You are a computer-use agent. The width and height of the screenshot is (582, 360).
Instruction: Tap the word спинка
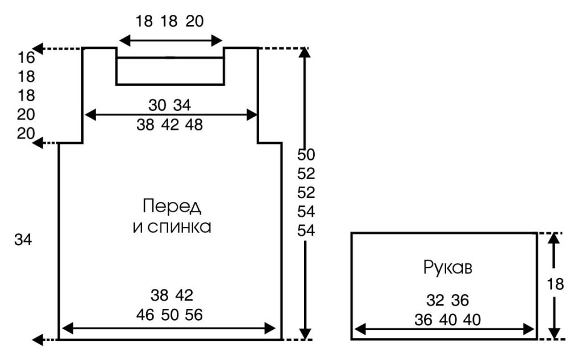coord(179,227)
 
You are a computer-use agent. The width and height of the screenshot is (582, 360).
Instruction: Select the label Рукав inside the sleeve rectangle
coord(447,267)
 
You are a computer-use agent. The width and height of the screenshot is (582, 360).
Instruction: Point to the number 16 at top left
coord(26,57)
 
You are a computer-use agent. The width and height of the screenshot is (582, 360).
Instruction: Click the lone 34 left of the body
coord(23,240)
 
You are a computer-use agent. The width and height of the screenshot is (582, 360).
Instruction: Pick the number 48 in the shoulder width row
coord(193,125)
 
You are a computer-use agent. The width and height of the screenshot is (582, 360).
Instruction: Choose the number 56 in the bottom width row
coord(193,315)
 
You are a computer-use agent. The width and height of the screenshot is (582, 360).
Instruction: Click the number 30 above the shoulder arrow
coord(158,105)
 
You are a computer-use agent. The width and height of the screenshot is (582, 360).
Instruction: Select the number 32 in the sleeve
coord(435,300)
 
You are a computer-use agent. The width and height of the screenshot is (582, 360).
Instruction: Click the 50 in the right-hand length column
coord(306,155)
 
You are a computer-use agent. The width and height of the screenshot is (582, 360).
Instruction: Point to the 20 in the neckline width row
coord(194,22)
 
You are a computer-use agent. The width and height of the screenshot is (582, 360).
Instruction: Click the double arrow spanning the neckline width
coord(171,40)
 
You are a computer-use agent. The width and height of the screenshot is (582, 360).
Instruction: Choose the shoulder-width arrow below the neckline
coord(171,115)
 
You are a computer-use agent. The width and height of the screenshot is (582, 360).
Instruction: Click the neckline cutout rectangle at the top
coord(170,71)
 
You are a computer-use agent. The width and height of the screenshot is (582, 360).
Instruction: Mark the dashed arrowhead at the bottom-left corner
coord(39,340)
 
